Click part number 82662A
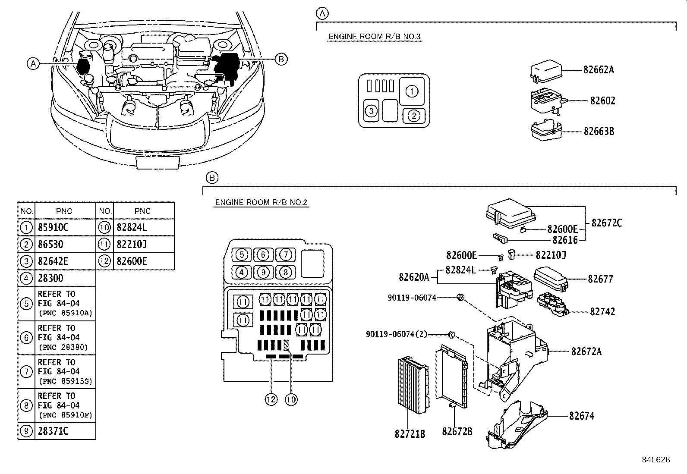click(x=598, y=70)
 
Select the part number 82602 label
click(x=602, y=100)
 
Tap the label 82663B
click(x=599, y=131)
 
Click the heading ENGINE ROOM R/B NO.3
click(x=374, y=37)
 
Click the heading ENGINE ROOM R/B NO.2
click(x=261, y=202)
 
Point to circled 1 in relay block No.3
click(x=412, y=91)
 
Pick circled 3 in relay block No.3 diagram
click(x=371, y=112)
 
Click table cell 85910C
click(x=53, y=227)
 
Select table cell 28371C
click(x=53, y=431)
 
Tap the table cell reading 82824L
click(x=132, y=227)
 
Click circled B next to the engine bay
click(x=281, y=59)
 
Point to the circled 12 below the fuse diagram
click(x=271, y=400)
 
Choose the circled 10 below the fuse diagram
click(x=291, y=400)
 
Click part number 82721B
click(x=410, y=433)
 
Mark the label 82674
click(x=581, y=416)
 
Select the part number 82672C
click(x=606, y=223)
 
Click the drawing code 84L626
click(x=655, y=460)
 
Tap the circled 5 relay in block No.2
click(x=242, y=255)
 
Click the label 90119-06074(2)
click(x=396, y=334)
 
